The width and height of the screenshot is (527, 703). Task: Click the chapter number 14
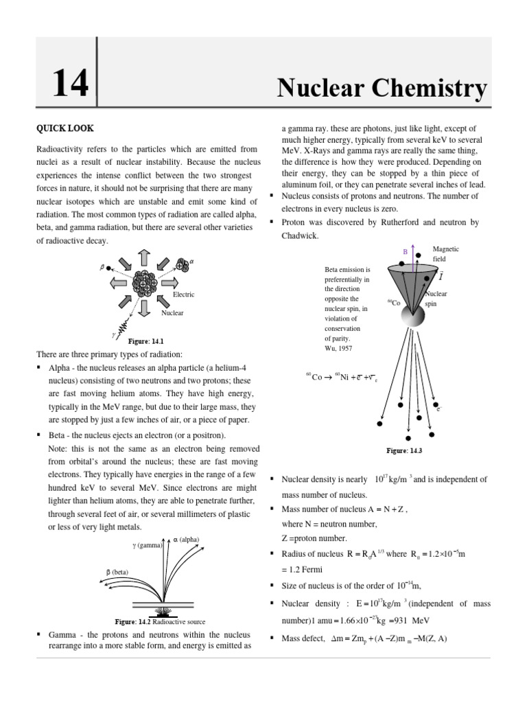(71, 85)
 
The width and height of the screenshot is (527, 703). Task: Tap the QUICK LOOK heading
(65, 128)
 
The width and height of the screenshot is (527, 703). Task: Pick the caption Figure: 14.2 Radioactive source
(160, 621)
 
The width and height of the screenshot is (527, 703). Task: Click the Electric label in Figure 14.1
(183, 295)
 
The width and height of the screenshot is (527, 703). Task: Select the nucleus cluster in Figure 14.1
(145, 283)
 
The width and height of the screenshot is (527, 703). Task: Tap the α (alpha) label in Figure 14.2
(186, 540)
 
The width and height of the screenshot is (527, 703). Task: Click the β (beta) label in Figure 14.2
(117, 571)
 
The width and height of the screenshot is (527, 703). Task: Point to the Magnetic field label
(445, 254)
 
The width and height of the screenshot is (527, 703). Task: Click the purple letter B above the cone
(405, 252)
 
